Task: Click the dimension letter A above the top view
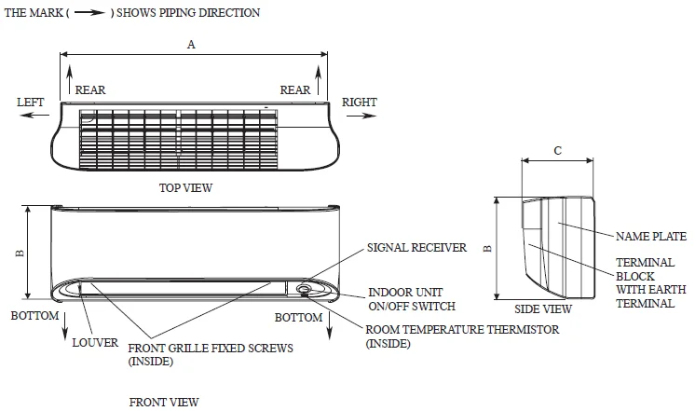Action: click(x=192, y=45)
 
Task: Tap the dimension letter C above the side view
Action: click(x=557, y=151)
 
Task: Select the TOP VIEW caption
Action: click(x=186, y=187)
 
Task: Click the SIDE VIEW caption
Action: click(x=543, y=308)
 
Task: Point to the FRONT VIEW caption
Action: click(x=164, y=403)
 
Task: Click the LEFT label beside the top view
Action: click(x=31, y=102)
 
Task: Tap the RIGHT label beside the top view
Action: click(x=360, y=102)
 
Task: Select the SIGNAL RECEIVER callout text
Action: click(x=416, y=248)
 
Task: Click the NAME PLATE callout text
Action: click(x=651, y=237)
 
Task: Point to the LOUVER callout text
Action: click(x=95, y=342)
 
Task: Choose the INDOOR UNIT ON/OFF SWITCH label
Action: click(x=412, y=299)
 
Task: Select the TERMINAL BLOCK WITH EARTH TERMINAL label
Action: click(x=646, y=283)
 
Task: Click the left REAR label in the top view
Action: click(x=90, y=90)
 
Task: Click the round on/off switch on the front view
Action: click(x=305, y=289)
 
